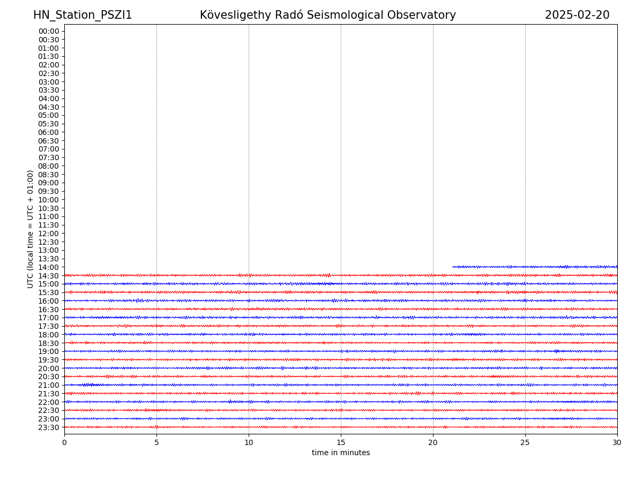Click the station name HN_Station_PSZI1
click(x=83, y=16)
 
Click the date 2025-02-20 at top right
click(x=577, y=16)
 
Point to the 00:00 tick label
click(x=49, y=31)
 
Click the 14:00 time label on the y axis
click(x=49, y=267)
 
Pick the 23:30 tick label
click(x=49, y=427)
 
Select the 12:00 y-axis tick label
click(x=49, y=234)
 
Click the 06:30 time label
click(x=49, y=141)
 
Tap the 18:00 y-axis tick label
click(x=49, y=335)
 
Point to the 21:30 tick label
click(x=49, y=394)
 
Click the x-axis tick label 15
click(x=341, y=442)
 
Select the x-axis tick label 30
click(x=617, y=442)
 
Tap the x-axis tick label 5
click(x=156, y=442)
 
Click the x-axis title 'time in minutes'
click(x=341, y=453)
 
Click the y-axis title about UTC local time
click(x=31, y=229)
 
